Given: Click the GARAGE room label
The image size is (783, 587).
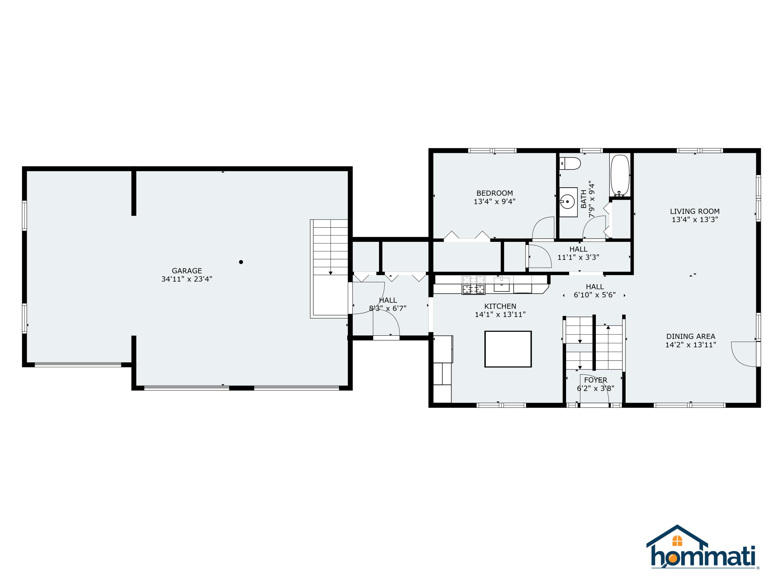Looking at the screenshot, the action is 187,271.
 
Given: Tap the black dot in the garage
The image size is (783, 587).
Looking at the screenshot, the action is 241,262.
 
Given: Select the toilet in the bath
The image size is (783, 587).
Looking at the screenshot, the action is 570,164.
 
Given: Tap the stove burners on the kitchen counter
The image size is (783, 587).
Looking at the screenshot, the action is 473,285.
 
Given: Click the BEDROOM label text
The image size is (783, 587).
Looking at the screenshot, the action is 495,193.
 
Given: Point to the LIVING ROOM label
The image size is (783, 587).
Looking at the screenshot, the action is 695,211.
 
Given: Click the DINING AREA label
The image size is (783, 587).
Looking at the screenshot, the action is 691,337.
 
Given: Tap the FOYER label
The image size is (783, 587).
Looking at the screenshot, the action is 596,380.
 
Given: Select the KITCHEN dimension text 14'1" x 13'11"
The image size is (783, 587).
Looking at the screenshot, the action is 500,315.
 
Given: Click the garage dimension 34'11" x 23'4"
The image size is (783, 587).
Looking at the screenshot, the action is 187,279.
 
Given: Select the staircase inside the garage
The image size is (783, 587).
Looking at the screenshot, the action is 329,268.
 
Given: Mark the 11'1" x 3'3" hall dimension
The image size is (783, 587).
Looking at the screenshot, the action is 578,257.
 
